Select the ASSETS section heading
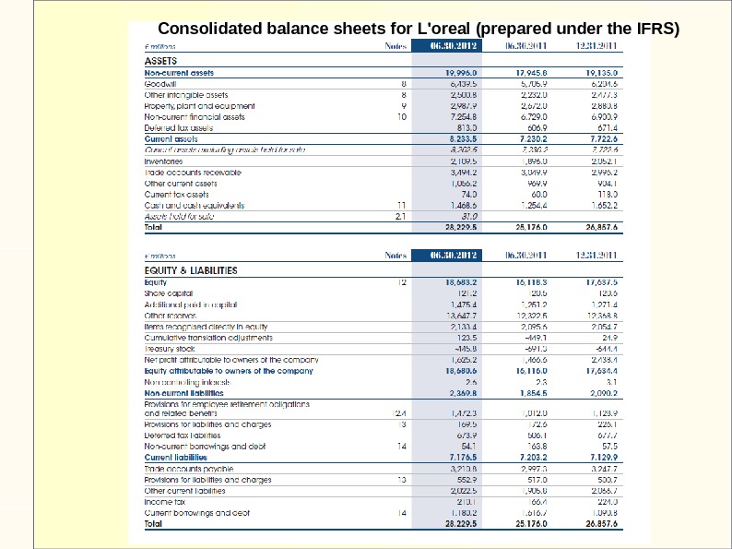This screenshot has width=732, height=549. [x=163, y=61]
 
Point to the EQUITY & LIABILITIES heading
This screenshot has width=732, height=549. [x=191, y=270]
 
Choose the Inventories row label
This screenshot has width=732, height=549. [x=164, y=161]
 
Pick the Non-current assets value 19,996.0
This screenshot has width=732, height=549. [x=461, y=71]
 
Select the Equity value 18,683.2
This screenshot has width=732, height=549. [x=461, y=280]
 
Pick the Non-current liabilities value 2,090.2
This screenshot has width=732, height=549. [x=600, y=392]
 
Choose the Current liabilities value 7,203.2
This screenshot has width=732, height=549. [x=530, y=457]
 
